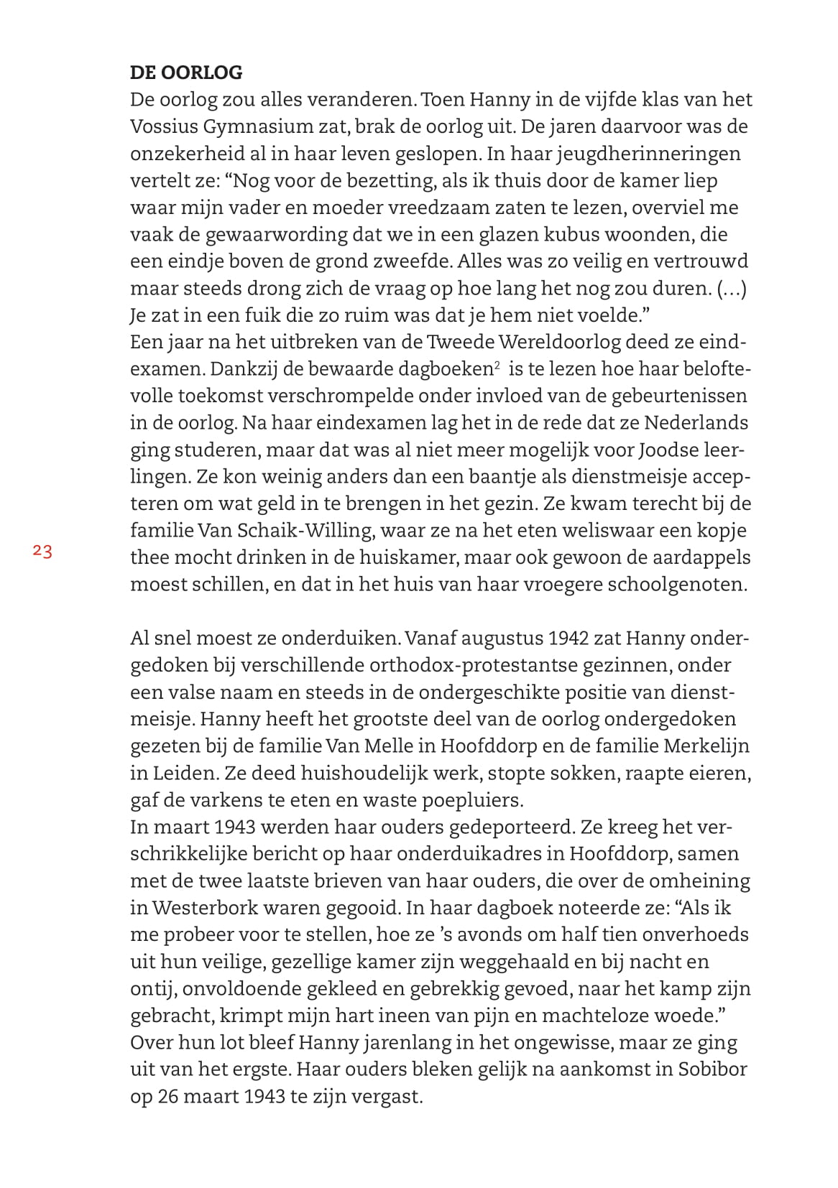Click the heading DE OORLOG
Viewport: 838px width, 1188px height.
(186, 73)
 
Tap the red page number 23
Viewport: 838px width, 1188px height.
(42, 552)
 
